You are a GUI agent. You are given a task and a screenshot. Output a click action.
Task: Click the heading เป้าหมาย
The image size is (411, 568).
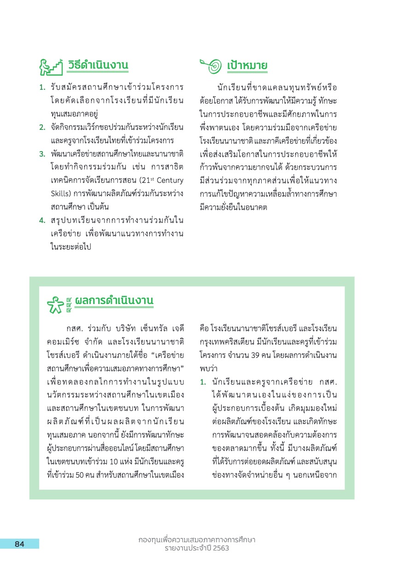pos(247,66)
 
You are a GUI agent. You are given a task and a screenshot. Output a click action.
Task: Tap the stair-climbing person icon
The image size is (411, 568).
pos(50,67)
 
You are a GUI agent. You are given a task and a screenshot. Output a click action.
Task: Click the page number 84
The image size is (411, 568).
pos(19,544)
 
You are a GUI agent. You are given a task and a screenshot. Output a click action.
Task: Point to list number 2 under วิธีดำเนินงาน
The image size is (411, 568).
pos(41,127)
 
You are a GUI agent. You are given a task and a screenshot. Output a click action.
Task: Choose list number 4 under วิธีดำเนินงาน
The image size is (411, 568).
pos(41,221)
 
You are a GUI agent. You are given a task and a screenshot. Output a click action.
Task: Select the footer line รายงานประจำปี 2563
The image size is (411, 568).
pos(197,548)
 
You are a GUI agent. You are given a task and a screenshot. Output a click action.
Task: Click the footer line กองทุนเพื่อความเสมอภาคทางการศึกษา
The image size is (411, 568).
pos(197,539)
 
